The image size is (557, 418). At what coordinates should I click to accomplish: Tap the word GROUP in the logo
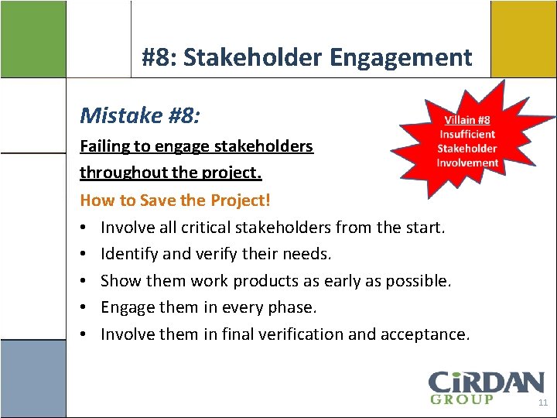coord(461,399)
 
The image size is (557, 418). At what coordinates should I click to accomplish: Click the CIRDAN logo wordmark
coord(486,382)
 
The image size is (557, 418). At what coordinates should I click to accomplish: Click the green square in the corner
coord(32,39)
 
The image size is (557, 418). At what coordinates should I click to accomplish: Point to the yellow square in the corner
coord(523,39)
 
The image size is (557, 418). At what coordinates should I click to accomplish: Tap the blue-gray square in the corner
coord(32,379)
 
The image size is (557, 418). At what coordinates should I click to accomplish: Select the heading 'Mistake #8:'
coord(140,116)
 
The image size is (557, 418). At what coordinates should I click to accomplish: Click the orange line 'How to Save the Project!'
coord(176,200)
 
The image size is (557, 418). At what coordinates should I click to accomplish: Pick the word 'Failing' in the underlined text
coord(104,146)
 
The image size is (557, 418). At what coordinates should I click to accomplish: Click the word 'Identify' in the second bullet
coord(128,254)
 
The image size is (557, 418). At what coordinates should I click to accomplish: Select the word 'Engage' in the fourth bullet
coord(127,307)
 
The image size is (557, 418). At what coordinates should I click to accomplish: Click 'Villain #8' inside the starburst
coord(467,120)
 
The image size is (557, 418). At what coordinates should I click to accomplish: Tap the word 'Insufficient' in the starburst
coord(467,134)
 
